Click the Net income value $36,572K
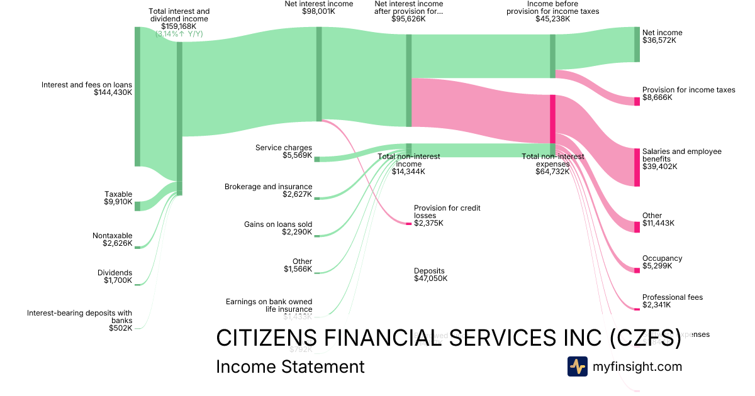pyautogui.click(x=659, y=40)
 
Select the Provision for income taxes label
pyautogui.click(x=688, y=90)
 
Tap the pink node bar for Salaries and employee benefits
pyautogui.click(x=637, y=167)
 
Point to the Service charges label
pyautogui.click(x=284, y=148)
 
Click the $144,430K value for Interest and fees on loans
pyautogui.click(x=113, y=92)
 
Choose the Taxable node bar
pyautogui.click(x=138, y=206)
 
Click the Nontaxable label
pyautogui.click(x=112, y=236)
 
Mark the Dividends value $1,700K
pyautogui.click(x=118, y=280)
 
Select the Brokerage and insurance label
pyautogui.click(x=268, y=187)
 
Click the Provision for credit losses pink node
pyautogui.click(x=408, y=223)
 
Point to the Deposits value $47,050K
pyautogui.click(x=430, y=278)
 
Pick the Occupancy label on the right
pyautogui.click(x=662, y=258)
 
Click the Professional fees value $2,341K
pyautogui.click(x=656, y=305)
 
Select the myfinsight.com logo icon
pyautogui.click(x=577, y=366)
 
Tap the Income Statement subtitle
pyautogui.click(x=290, y=367)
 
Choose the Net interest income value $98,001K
pyautogui.click(x=318, y=11)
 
